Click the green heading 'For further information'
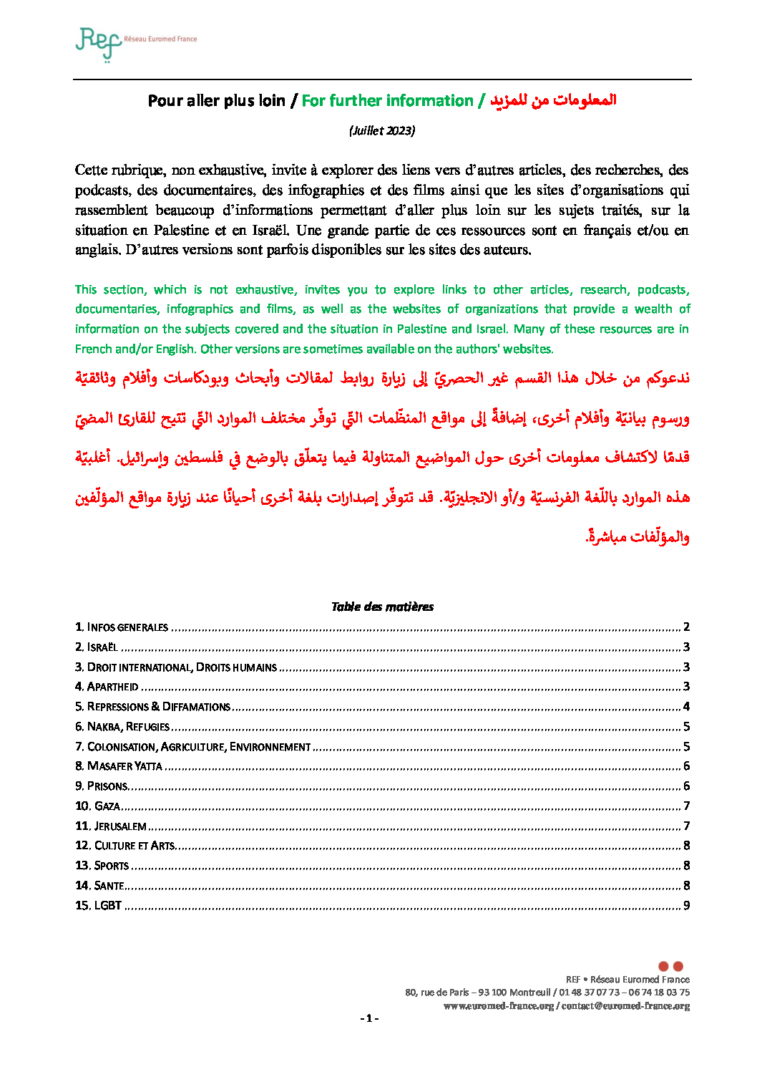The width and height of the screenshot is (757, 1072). click(x=387, y=101)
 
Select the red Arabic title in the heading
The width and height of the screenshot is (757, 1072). click(x=553, y=100)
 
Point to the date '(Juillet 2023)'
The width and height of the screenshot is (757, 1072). click(x=382, y=130)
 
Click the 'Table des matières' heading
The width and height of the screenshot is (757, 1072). click(x=382, y=607)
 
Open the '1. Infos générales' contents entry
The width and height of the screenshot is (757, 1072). click(x=122, y=627)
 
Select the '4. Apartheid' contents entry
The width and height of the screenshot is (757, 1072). click(x=107, y=687)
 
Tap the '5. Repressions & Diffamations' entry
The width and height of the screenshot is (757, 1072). click(x=153, y=707)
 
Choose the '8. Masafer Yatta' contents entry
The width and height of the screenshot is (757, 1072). click(x=119, y=766)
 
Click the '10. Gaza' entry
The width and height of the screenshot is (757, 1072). click(x=98, y=806)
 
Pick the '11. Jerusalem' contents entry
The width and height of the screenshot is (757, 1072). click(x=111, y=826)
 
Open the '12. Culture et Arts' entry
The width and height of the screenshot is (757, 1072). click(x=125, y=846)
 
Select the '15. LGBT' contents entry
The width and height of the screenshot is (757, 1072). click(x=99, y=906)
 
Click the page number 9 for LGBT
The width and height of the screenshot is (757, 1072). click(x=686, y=906)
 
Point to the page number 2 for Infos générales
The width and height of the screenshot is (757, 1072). click(x=686, y=627)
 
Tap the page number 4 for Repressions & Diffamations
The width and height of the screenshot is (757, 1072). click(x=686, y=707)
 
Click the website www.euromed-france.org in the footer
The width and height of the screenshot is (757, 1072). click(x=499, y=1006)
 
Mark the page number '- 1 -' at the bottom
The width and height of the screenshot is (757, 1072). click(x=369, y=1019)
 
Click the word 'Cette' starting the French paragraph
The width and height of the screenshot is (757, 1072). click(x=91, y=170)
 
